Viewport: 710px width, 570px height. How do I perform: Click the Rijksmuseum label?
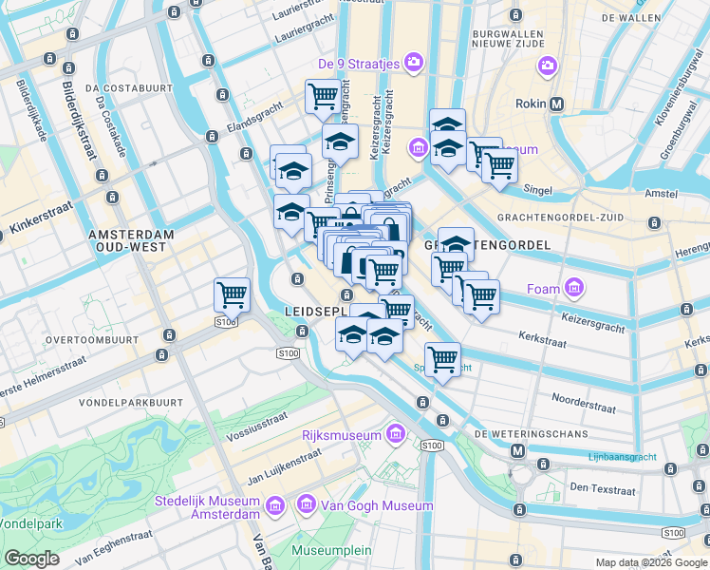(x=341, y=436)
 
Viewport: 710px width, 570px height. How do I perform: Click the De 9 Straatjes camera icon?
(x=413, y=64)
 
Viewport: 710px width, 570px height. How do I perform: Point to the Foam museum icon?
(x=572, y=287)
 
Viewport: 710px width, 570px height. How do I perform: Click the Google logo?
(x=31, y=559)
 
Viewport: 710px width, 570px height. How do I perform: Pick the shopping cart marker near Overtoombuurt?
(x=232, y=295)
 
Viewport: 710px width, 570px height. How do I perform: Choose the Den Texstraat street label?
(x=602, y=489)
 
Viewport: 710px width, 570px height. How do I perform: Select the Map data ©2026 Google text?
(x=651, y=562)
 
